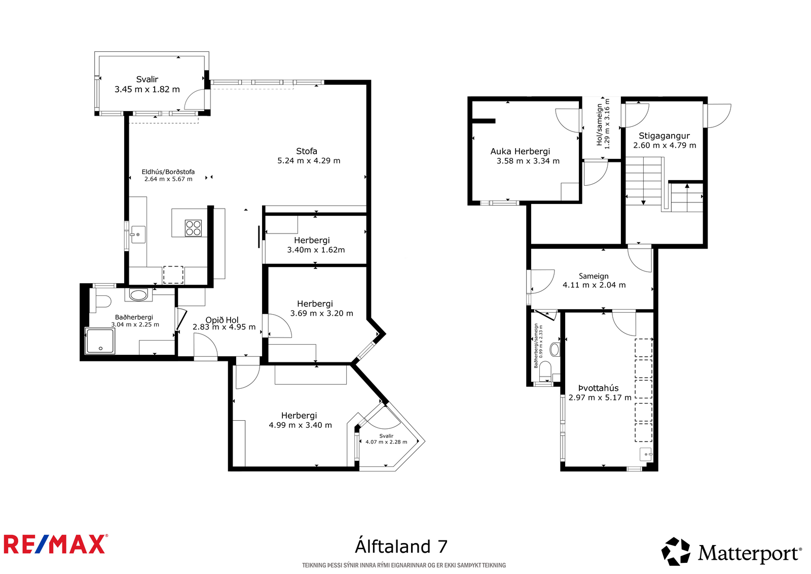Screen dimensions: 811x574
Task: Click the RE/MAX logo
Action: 56,544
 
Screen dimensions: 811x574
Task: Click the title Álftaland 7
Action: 401,547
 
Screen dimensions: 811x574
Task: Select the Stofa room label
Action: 307,151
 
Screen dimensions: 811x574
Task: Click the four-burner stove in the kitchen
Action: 193,228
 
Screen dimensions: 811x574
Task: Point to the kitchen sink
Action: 138,234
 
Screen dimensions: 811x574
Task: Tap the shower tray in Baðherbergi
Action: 100,341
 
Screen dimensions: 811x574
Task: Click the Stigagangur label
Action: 665,136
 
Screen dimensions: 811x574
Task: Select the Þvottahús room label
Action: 599,388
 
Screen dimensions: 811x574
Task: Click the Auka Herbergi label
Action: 520,151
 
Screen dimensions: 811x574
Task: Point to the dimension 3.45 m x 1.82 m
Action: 148,89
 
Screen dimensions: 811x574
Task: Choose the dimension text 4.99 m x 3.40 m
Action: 301,425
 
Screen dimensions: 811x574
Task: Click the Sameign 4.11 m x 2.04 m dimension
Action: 594,285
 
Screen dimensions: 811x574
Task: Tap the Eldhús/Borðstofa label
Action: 168,172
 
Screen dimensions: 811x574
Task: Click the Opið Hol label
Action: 222,320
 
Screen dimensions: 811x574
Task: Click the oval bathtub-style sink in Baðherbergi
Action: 138,295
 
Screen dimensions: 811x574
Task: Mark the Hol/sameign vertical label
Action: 600,124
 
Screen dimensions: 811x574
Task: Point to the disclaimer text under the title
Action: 404,565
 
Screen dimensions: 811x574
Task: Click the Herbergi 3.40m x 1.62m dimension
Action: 316,250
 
